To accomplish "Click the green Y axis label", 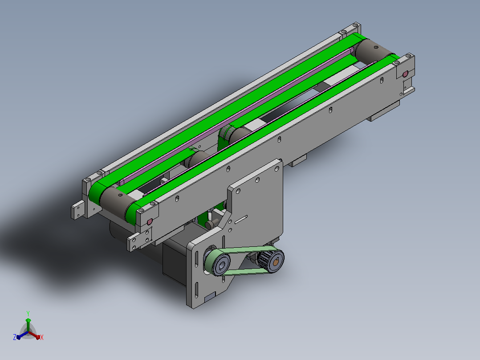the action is pos(28,313).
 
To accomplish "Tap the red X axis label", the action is pos(42,337).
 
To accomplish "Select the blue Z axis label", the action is pos(14,337).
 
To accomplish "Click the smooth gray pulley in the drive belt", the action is pos(219,264).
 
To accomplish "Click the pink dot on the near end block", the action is pos(150,221).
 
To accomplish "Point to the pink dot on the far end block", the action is pos(405,74).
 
